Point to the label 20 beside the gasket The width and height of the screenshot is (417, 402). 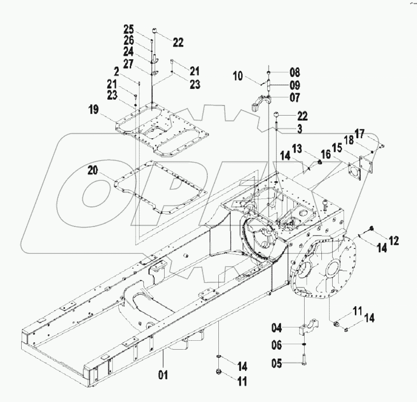click(94, 170)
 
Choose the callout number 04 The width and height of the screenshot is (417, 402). click(277, 327)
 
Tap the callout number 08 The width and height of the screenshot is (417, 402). click(295, 72)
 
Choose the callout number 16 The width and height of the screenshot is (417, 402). click(326, 155)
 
